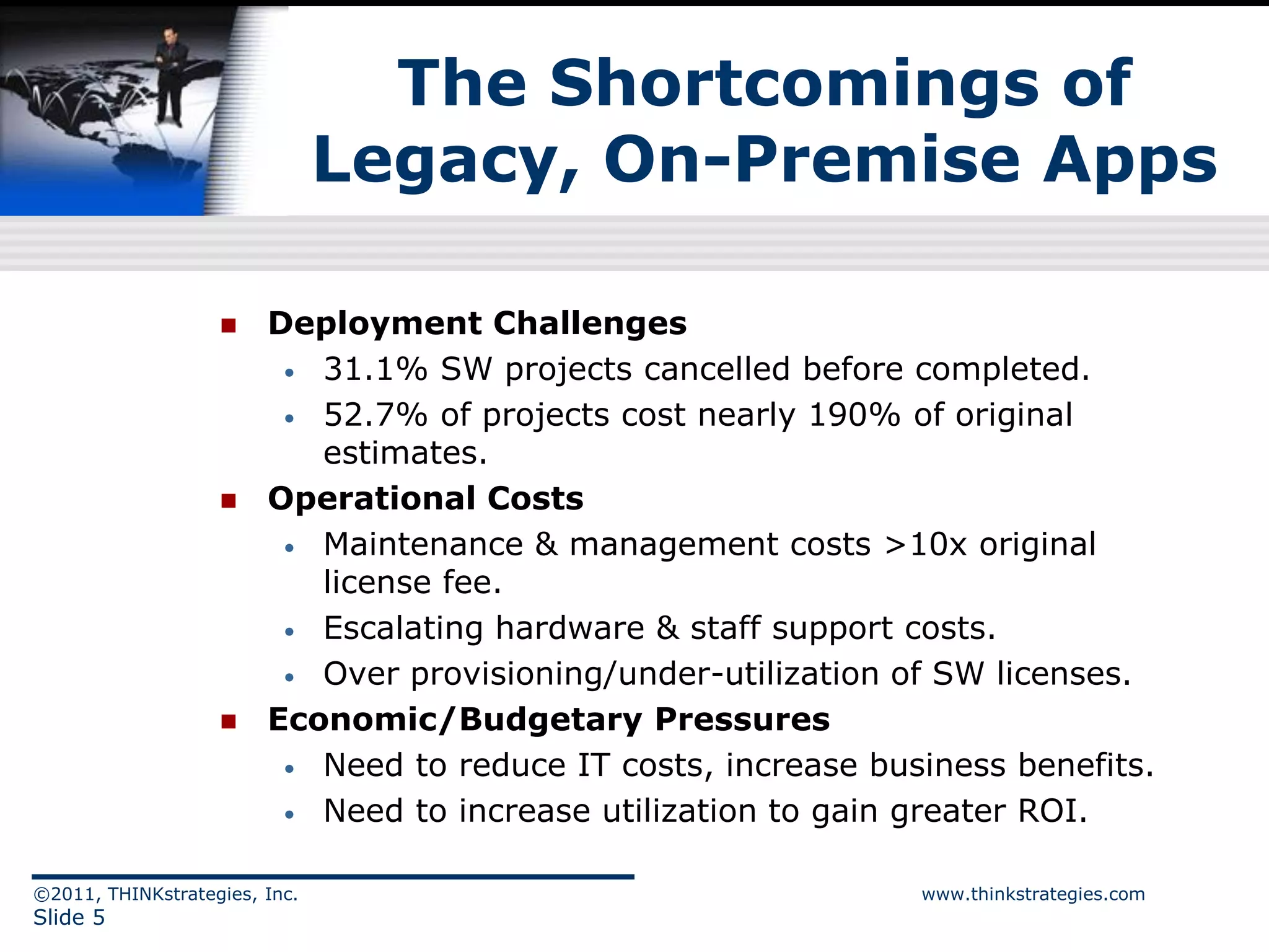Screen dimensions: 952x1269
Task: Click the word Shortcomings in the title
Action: pyautogui.click(x=794, y=84)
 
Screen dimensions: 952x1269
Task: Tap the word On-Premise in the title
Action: pyautogui.click(x=812, y=160)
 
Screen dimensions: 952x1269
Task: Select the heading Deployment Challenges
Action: pyautogui.click(x=477, y=324)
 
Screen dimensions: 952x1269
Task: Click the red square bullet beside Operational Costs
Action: pyautogui.click(x=229, y=500)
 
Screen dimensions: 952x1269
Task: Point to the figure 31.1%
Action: pyautogui.click(x=375, y=369)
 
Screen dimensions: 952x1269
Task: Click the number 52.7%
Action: pyautogui.click(x=375, y=415)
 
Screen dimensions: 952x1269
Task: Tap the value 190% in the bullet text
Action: pyautogui.click(x=854, y=415)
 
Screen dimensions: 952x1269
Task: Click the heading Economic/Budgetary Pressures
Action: pyautogui.click(x=548, y=720)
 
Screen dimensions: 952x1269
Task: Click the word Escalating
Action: pyautogui.click(x=403, y=628)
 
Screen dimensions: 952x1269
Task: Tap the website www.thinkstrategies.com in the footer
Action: pyautogui.click(x=1033, y=894)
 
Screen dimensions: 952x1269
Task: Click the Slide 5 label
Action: pyautogui.click(x=69, y=917)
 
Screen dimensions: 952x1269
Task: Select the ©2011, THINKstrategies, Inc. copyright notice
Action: pyautogui.click(x=165, y=894)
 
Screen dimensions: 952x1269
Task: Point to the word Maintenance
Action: pyautogui.click(x=423, y=545)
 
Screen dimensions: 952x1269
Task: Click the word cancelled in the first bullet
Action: pyautogui.click(x=717, y=369)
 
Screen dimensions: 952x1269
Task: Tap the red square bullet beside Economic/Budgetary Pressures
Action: pyautogui.click(x=229, y=721)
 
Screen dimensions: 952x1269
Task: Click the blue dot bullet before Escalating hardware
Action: pyautogui.click(x=289, y=632)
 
